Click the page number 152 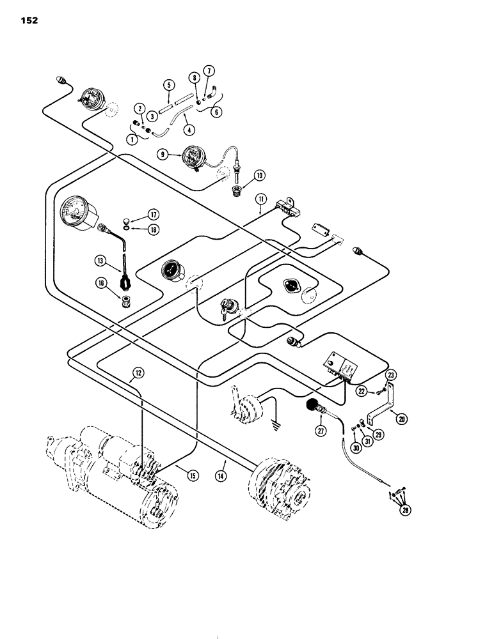click(29, 20)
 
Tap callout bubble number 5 click(169, 84)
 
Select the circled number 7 click(209, 70)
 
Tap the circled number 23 click(392, 375)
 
